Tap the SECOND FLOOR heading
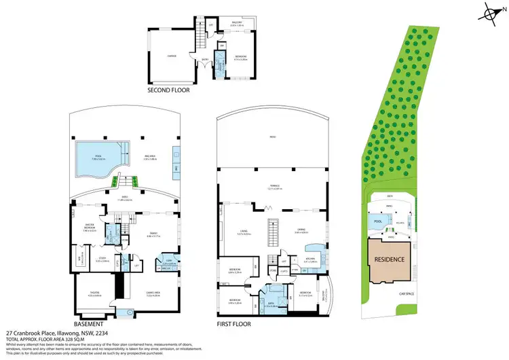[168, 89]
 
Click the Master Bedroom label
[90, 228]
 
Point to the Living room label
[241, 232]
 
